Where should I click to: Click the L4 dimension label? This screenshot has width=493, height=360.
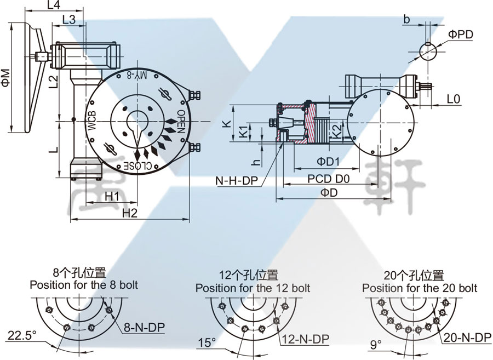pos(54,5)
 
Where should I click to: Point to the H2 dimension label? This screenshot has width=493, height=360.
pos(129,213)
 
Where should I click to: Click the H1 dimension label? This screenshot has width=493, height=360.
pos(112,196)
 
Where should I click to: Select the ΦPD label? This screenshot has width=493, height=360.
pos(460,35)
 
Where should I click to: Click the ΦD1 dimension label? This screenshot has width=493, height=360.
pos(329,162)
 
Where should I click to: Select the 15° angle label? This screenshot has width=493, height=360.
pos(206,344)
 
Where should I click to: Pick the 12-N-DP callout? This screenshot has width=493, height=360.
pos(305,340)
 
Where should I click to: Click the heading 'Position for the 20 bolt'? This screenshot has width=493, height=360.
pos(419,288)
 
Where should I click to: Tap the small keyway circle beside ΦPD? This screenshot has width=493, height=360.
pos(428,50)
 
